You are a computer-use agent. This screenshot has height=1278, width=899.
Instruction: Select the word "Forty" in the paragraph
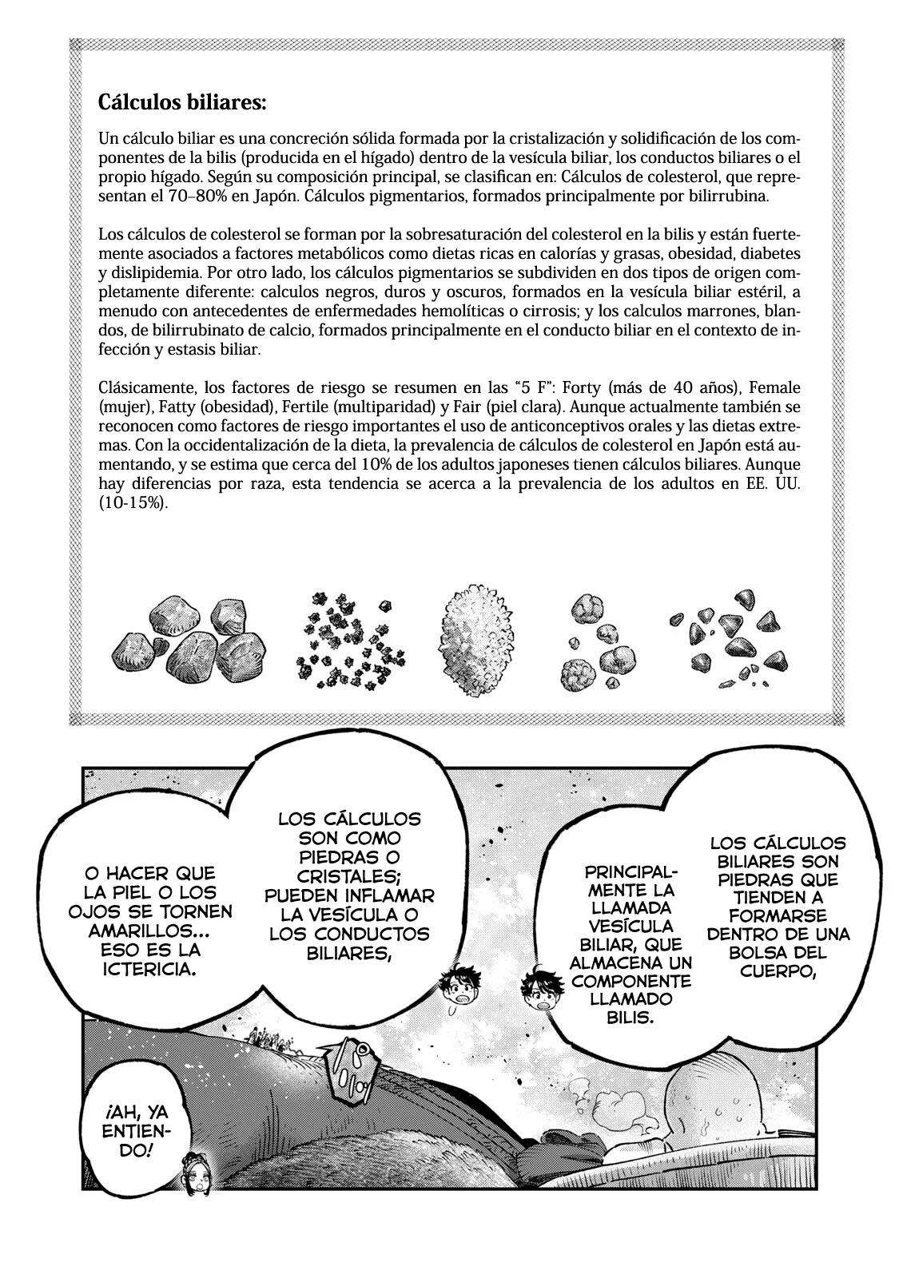click(583, 387)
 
